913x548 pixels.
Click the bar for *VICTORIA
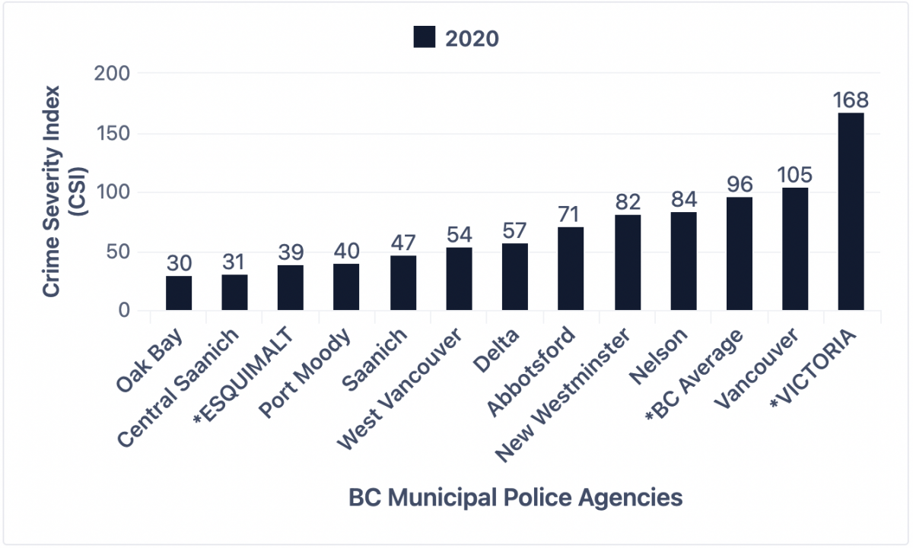pyautogui.click(x=851, y=212)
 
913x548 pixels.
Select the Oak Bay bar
pyautogui.click(x=179, y=293)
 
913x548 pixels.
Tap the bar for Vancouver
pyautogui.click(x=795, y=249)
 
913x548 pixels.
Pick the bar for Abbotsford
pyautogui.click(x=571, y=269)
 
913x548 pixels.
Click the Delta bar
pyautogui.click(x=515, y=277)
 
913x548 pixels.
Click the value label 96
pyautogui.click(x=740, y=185)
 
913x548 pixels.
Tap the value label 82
pyautogui.click(x=627, y=202)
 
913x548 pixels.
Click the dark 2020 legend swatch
pyautogui.click(x=424, y=37)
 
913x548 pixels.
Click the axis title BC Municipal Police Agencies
pyautogui.click(x=515, y=498)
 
